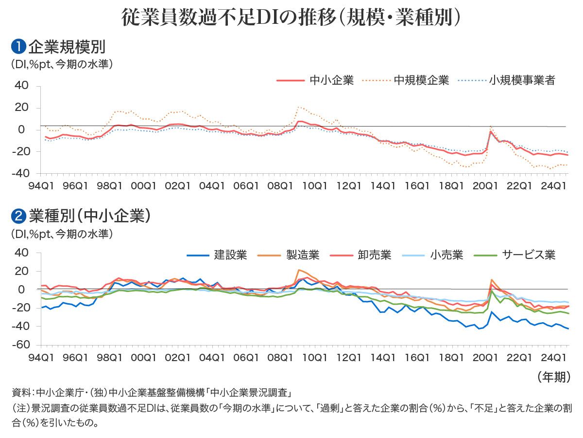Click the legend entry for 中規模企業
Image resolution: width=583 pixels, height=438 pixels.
[x=421, y=80]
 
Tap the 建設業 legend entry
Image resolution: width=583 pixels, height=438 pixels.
[x=231, y=255]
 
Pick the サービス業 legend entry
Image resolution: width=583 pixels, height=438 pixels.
[x=529, y=255]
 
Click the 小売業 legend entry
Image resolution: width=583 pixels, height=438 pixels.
[x=446, y=255]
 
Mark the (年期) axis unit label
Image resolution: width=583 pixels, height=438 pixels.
[x=554, y=377]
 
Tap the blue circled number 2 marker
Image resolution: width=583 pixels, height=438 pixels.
[x=18, y=215]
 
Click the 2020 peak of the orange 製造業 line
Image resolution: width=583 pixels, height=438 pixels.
[x=492, y=280]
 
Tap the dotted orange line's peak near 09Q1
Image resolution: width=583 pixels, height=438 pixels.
[x=299, y=107]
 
